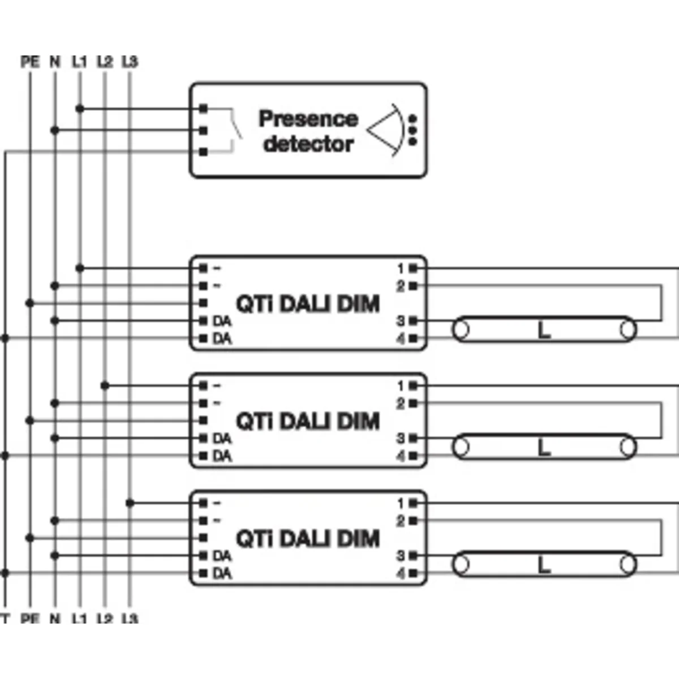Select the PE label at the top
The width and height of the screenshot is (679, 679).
tap(30, 61)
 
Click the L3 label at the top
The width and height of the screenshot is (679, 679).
tap(130, 61)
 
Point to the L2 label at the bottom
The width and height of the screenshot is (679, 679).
tap(105, 618)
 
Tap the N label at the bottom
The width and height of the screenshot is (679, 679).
tap(55, 618)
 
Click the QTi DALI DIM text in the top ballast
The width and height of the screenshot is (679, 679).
tap(307, 304)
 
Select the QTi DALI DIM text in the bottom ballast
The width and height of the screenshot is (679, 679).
tap(307, 538)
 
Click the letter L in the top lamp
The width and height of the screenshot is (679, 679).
tap(544, 330)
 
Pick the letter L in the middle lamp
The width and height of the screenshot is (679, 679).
tap(544, 448)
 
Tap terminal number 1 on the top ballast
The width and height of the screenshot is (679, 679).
tap(401, 268)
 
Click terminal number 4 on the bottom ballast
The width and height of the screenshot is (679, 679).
tap(401, 574)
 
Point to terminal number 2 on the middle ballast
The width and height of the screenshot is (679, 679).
tap(401, 403)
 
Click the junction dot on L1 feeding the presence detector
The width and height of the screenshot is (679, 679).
tap(80, 108)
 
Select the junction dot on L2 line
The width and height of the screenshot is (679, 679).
tap(105, 386)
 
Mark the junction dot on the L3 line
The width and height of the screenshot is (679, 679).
tap(130, 502)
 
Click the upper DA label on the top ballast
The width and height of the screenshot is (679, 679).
tap(222, 321)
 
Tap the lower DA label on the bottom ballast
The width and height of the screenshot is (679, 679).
tap(222, 574)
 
